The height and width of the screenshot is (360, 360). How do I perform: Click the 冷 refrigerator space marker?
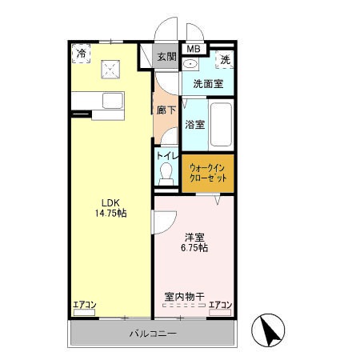coord(82,53)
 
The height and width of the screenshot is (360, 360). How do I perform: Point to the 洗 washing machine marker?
coord(225,59)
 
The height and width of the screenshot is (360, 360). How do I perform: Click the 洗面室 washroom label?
coord(207,83)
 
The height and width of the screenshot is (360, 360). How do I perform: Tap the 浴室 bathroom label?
coord(194,124)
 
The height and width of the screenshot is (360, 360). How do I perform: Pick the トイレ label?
coord(167,155)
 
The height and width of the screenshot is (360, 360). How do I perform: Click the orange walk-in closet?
coord(208,172)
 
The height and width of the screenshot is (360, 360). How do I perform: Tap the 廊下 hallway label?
coord(166,110)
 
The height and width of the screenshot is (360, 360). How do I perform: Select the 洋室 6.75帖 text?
coord(196,242)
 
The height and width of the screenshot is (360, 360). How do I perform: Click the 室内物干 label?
coord(185,297)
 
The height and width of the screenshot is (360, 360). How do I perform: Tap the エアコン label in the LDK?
coord(84,305)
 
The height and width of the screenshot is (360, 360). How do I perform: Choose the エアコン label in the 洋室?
coord(220,305)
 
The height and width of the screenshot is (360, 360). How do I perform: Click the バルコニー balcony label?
coord(153,333)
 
